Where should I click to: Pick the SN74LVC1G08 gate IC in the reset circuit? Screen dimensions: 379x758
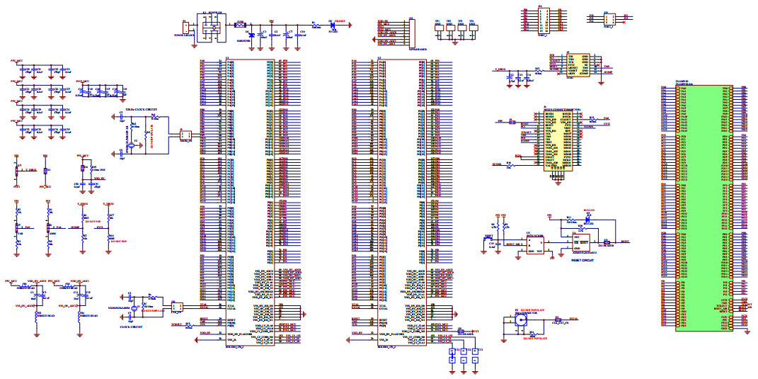point(534,245)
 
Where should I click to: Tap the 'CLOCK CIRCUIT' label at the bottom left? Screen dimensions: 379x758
point(131,327)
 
